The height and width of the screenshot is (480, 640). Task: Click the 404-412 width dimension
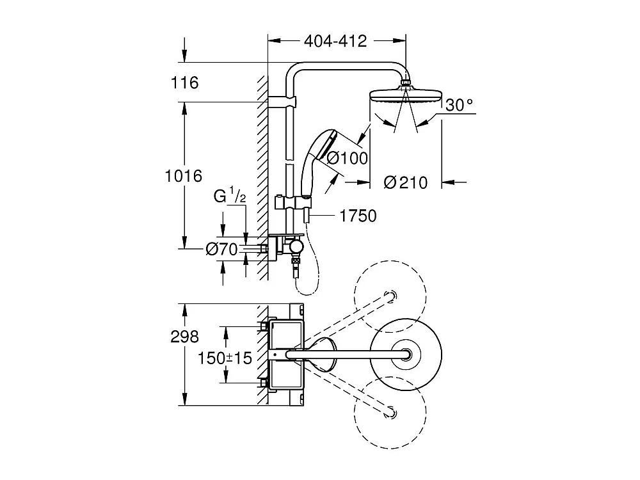pos(335,41)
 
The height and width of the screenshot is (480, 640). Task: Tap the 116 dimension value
pos(185,83)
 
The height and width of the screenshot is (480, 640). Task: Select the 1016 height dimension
pos(184,175)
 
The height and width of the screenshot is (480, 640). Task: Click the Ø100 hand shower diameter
pos(347,157)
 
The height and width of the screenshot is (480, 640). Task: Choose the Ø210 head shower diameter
pos(405,182)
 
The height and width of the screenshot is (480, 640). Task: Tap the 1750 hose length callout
pos(358,216)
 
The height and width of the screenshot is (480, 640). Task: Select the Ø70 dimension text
pos(222,250)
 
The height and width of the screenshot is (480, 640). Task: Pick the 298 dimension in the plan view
pos(185,337)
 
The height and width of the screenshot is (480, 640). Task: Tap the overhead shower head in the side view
pos(405,96)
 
